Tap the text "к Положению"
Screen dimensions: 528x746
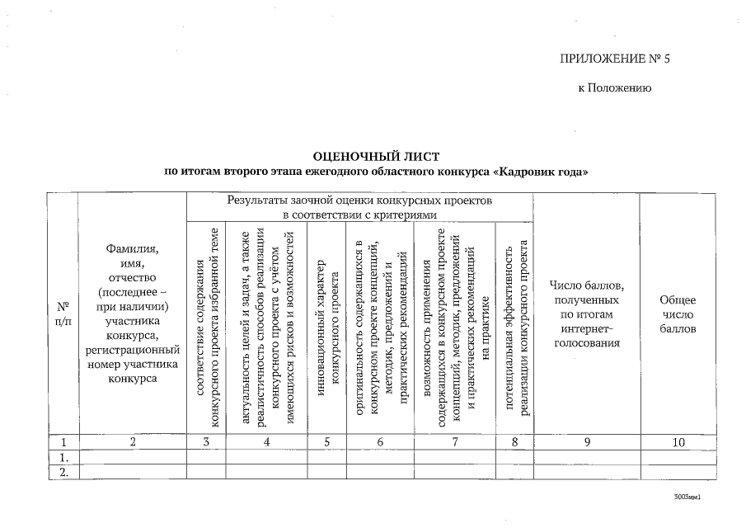pos(615,87)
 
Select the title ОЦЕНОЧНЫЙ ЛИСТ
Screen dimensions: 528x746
pos(372,156)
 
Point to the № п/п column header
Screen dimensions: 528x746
pos(62,313)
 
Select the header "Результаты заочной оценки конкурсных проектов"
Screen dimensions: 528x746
pos(359,207)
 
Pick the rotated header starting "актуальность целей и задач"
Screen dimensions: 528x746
pos(267,327)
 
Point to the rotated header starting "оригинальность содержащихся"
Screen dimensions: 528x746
pos(380,327)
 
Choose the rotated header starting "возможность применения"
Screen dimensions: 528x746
pos(456,327)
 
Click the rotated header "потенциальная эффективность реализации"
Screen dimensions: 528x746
pos(516,327)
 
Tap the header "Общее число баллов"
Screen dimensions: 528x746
pos(678,313)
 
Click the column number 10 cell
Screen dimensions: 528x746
pos(678,442)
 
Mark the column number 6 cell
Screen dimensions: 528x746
pos(380,442)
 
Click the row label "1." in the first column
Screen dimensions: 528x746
pos(62,457)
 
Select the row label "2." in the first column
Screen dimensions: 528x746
pos(62,472)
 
